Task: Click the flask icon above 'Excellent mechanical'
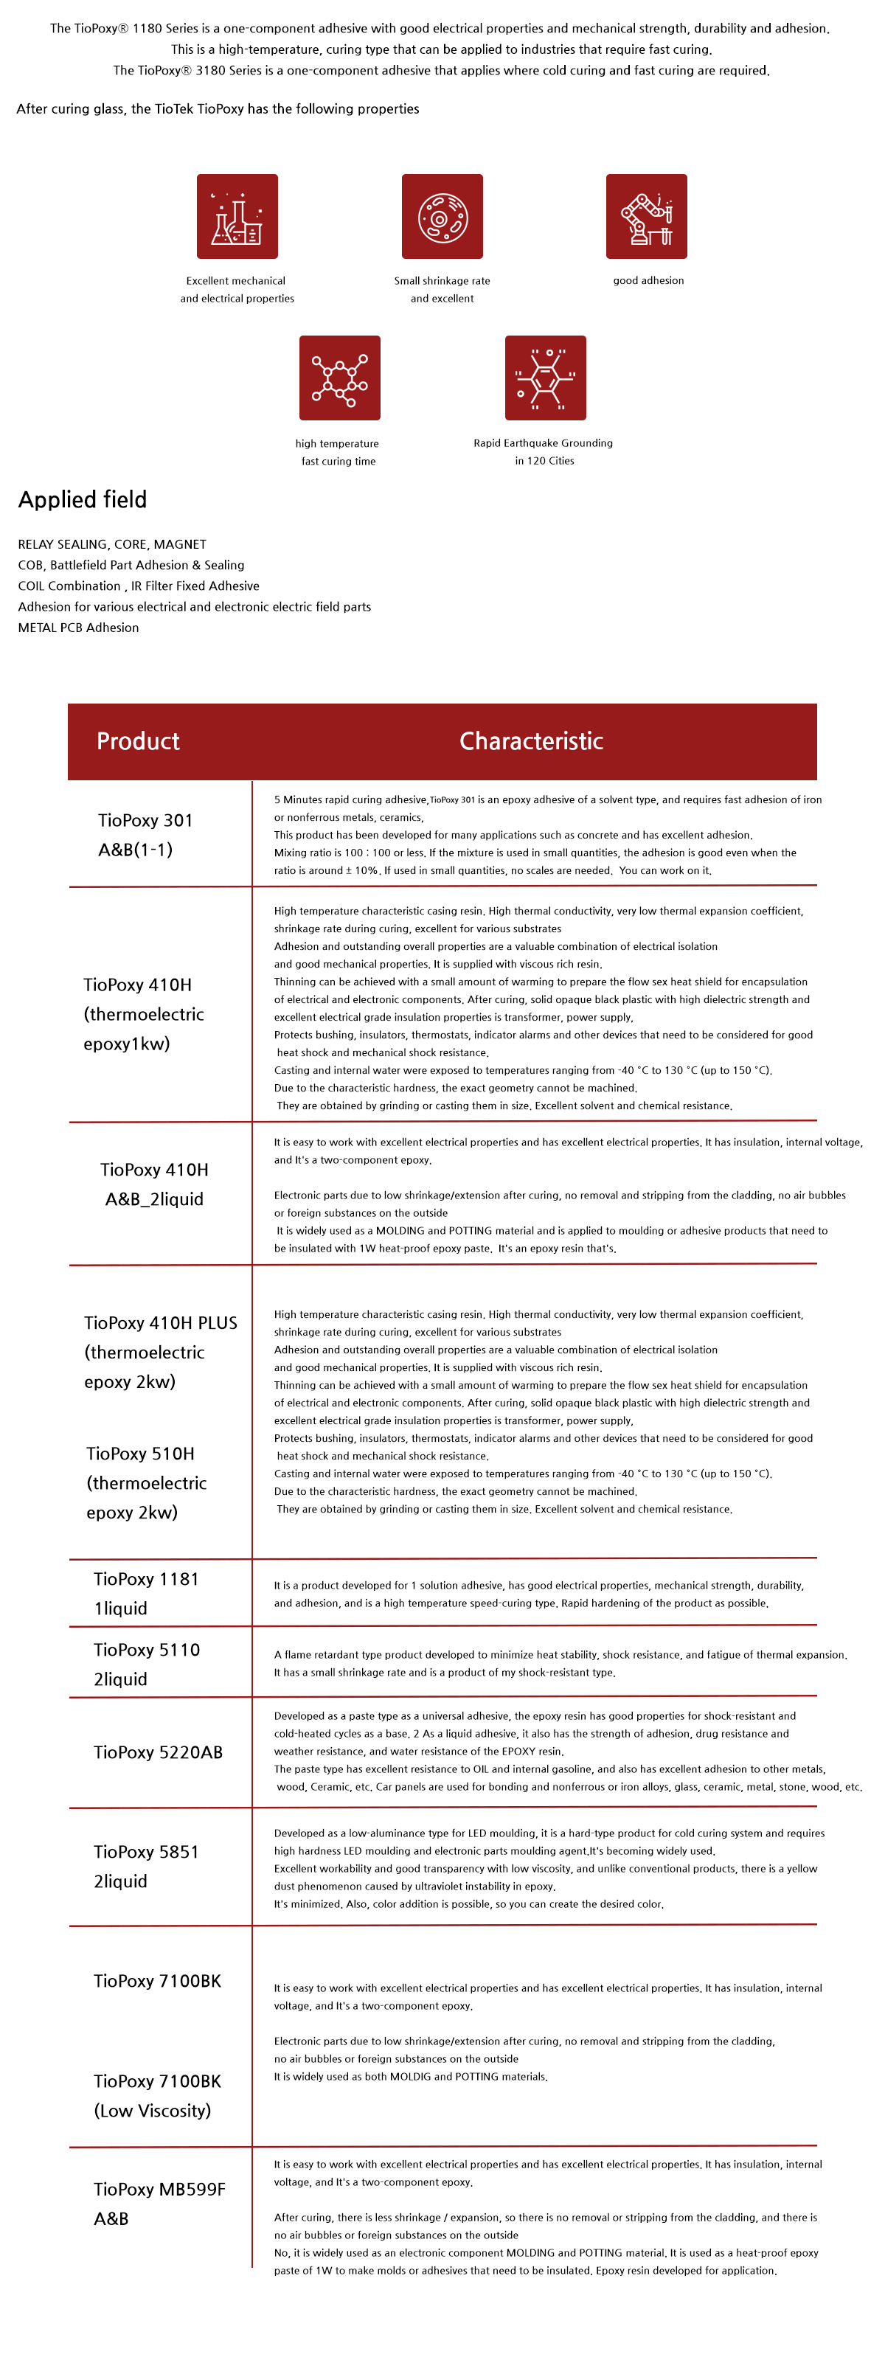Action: [237, 216]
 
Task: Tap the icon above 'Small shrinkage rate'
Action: [442, 216]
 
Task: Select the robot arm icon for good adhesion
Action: [646, 216]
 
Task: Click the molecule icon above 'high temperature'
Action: [339, 378]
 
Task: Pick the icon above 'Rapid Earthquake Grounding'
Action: [545, 378]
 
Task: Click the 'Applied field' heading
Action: [83, 499]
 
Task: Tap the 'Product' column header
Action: [139, 741]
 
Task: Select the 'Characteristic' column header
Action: [530, 741]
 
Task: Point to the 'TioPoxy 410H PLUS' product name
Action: [160, 1323]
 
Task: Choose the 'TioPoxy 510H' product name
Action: [140, 1454]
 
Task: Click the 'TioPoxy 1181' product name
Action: [146, 1578]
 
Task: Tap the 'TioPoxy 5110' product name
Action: [147, 1650]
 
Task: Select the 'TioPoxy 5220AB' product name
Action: [158, 1752]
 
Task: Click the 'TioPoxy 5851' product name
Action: [146, 1852]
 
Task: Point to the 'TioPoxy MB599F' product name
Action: [159, 2189]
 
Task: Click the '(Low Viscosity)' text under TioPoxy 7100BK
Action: [152, 2110]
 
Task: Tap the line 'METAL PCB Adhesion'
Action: [79, 628]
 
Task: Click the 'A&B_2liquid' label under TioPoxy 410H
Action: [154, 1199]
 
